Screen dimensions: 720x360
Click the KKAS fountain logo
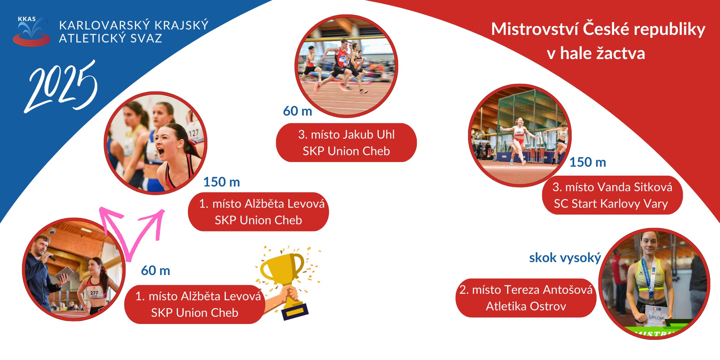click(x=31, y=31)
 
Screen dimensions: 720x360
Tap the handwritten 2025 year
click(x=61, y=86)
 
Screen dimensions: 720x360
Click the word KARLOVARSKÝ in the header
click(x=99, y=25)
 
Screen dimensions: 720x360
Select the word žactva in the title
click(x=621, y=54)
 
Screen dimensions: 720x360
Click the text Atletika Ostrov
click(x=526, y=306)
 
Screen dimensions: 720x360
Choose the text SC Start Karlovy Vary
click(x=611, y=204)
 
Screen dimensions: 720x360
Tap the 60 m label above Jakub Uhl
click(x=297, y=111)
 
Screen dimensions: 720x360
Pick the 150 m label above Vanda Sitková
click(x=588, y=162)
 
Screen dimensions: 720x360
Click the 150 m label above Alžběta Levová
click(x=221, y=182)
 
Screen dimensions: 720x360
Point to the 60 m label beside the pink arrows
click(x=156, y=271)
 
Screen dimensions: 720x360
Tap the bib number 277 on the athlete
click(x=94, y=293)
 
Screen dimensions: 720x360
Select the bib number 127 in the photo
click(x=194, y=133)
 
